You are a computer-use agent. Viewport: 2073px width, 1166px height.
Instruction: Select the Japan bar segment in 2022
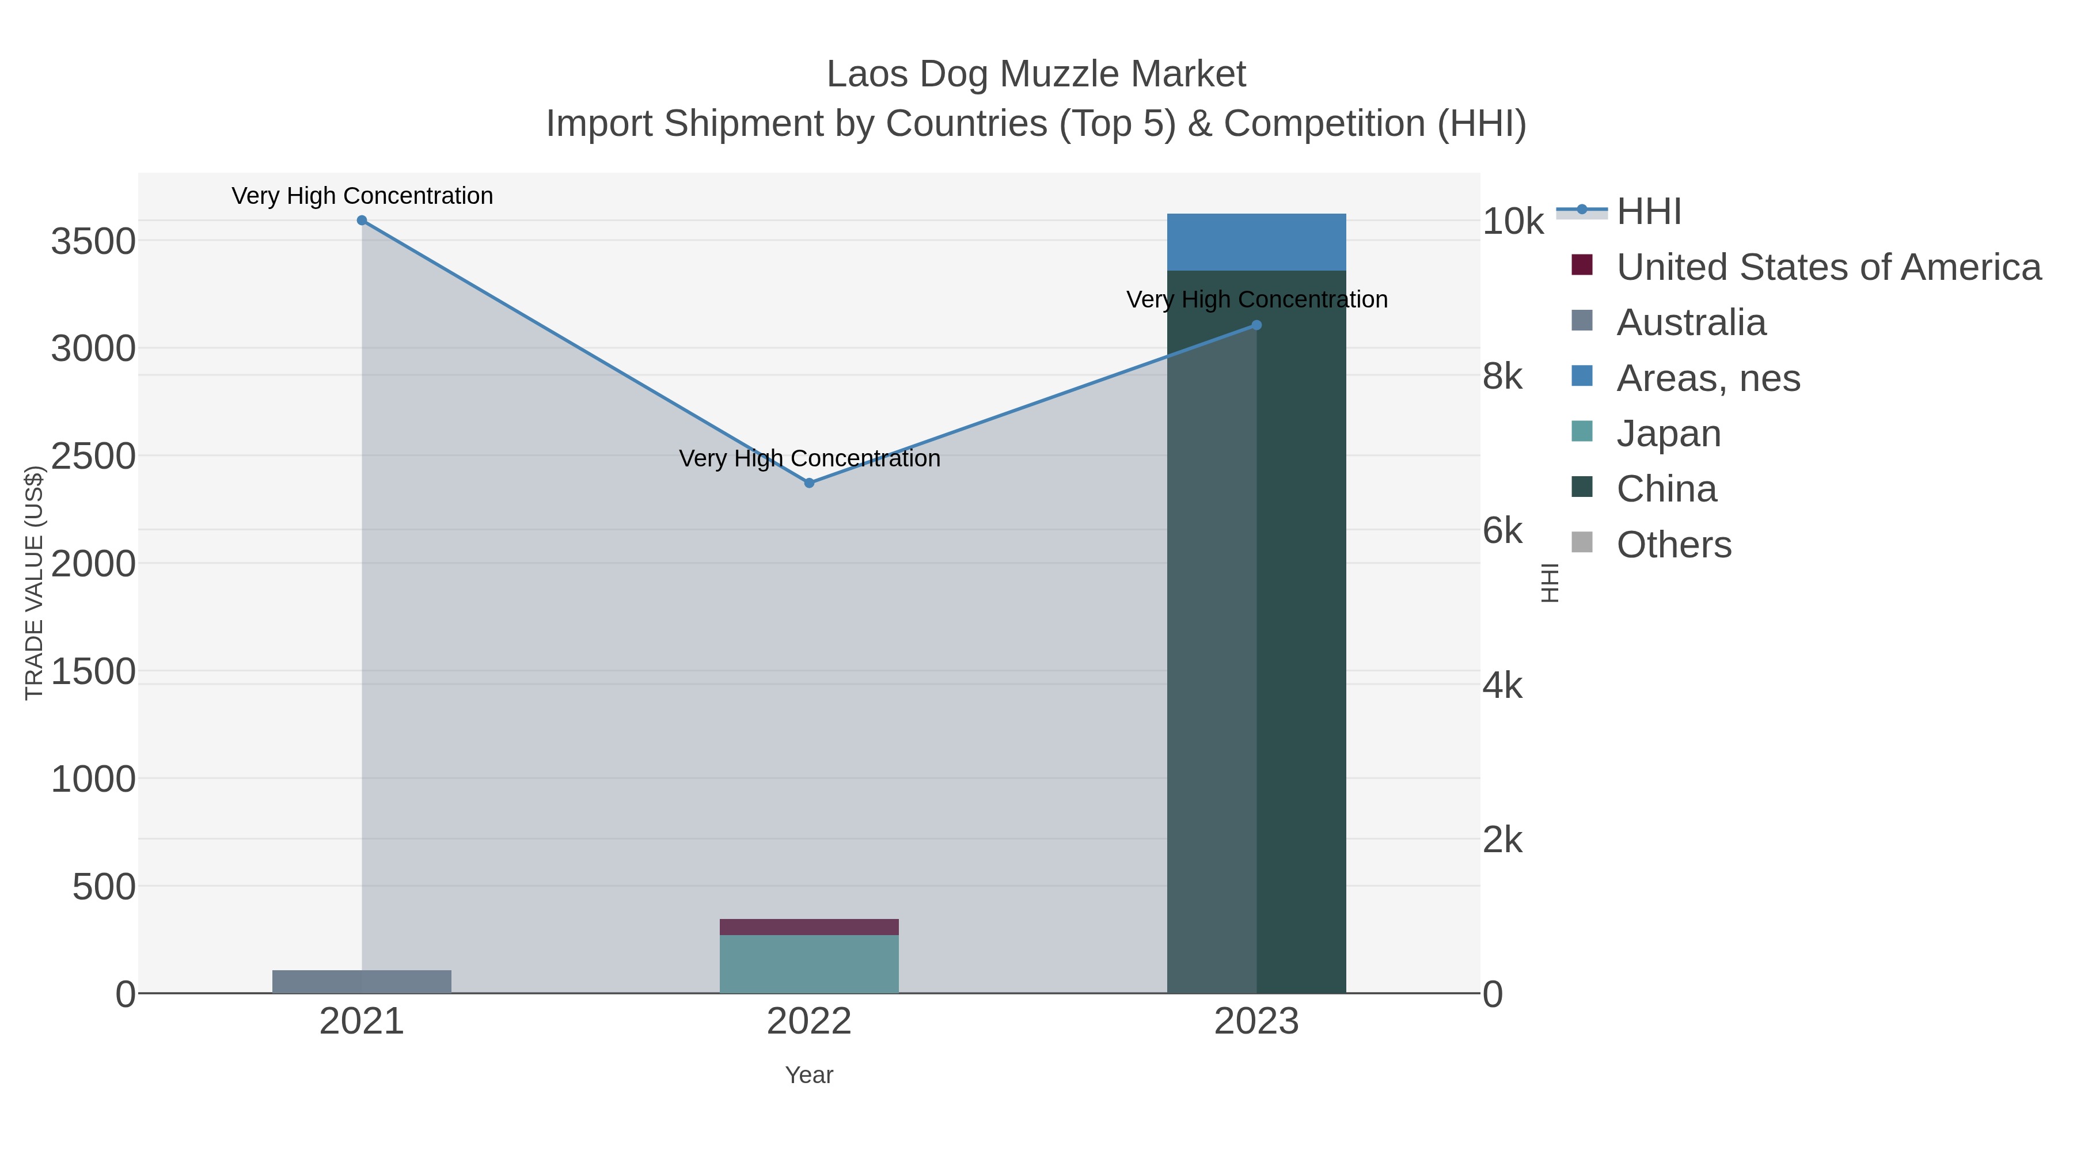pos(809,963)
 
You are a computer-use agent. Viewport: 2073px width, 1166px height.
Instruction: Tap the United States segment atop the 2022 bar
pos(809,926)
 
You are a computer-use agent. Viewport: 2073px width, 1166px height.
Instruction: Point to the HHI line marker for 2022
pos(810,483)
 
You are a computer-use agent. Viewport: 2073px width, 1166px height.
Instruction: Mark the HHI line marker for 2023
pos(1256,325)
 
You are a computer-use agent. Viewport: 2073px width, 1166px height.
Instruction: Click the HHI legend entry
pos(1648,212)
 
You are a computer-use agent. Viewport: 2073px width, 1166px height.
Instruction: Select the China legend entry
pos(1666,489)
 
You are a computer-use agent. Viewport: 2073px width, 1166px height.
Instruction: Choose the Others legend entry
pos(1673,545)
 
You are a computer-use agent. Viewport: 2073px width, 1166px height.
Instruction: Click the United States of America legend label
pos(1828,267)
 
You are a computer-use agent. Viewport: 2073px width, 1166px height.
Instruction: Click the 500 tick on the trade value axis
pos(104,887)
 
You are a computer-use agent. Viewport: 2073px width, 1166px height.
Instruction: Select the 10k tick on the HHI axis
pos(1513,221)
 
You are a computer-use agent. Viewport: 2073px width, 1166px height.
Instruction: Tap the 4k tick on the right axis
pos(1502,686)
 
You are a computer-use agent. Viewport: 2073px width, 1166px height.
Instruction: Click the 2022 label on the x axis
pos(809,1022)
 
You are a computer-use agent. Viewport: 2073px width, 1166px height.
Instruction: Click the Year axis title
pos(809,1075)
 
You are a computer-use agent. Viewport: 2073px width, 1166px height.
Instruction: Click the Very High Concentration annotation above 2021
pos(362,196)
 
